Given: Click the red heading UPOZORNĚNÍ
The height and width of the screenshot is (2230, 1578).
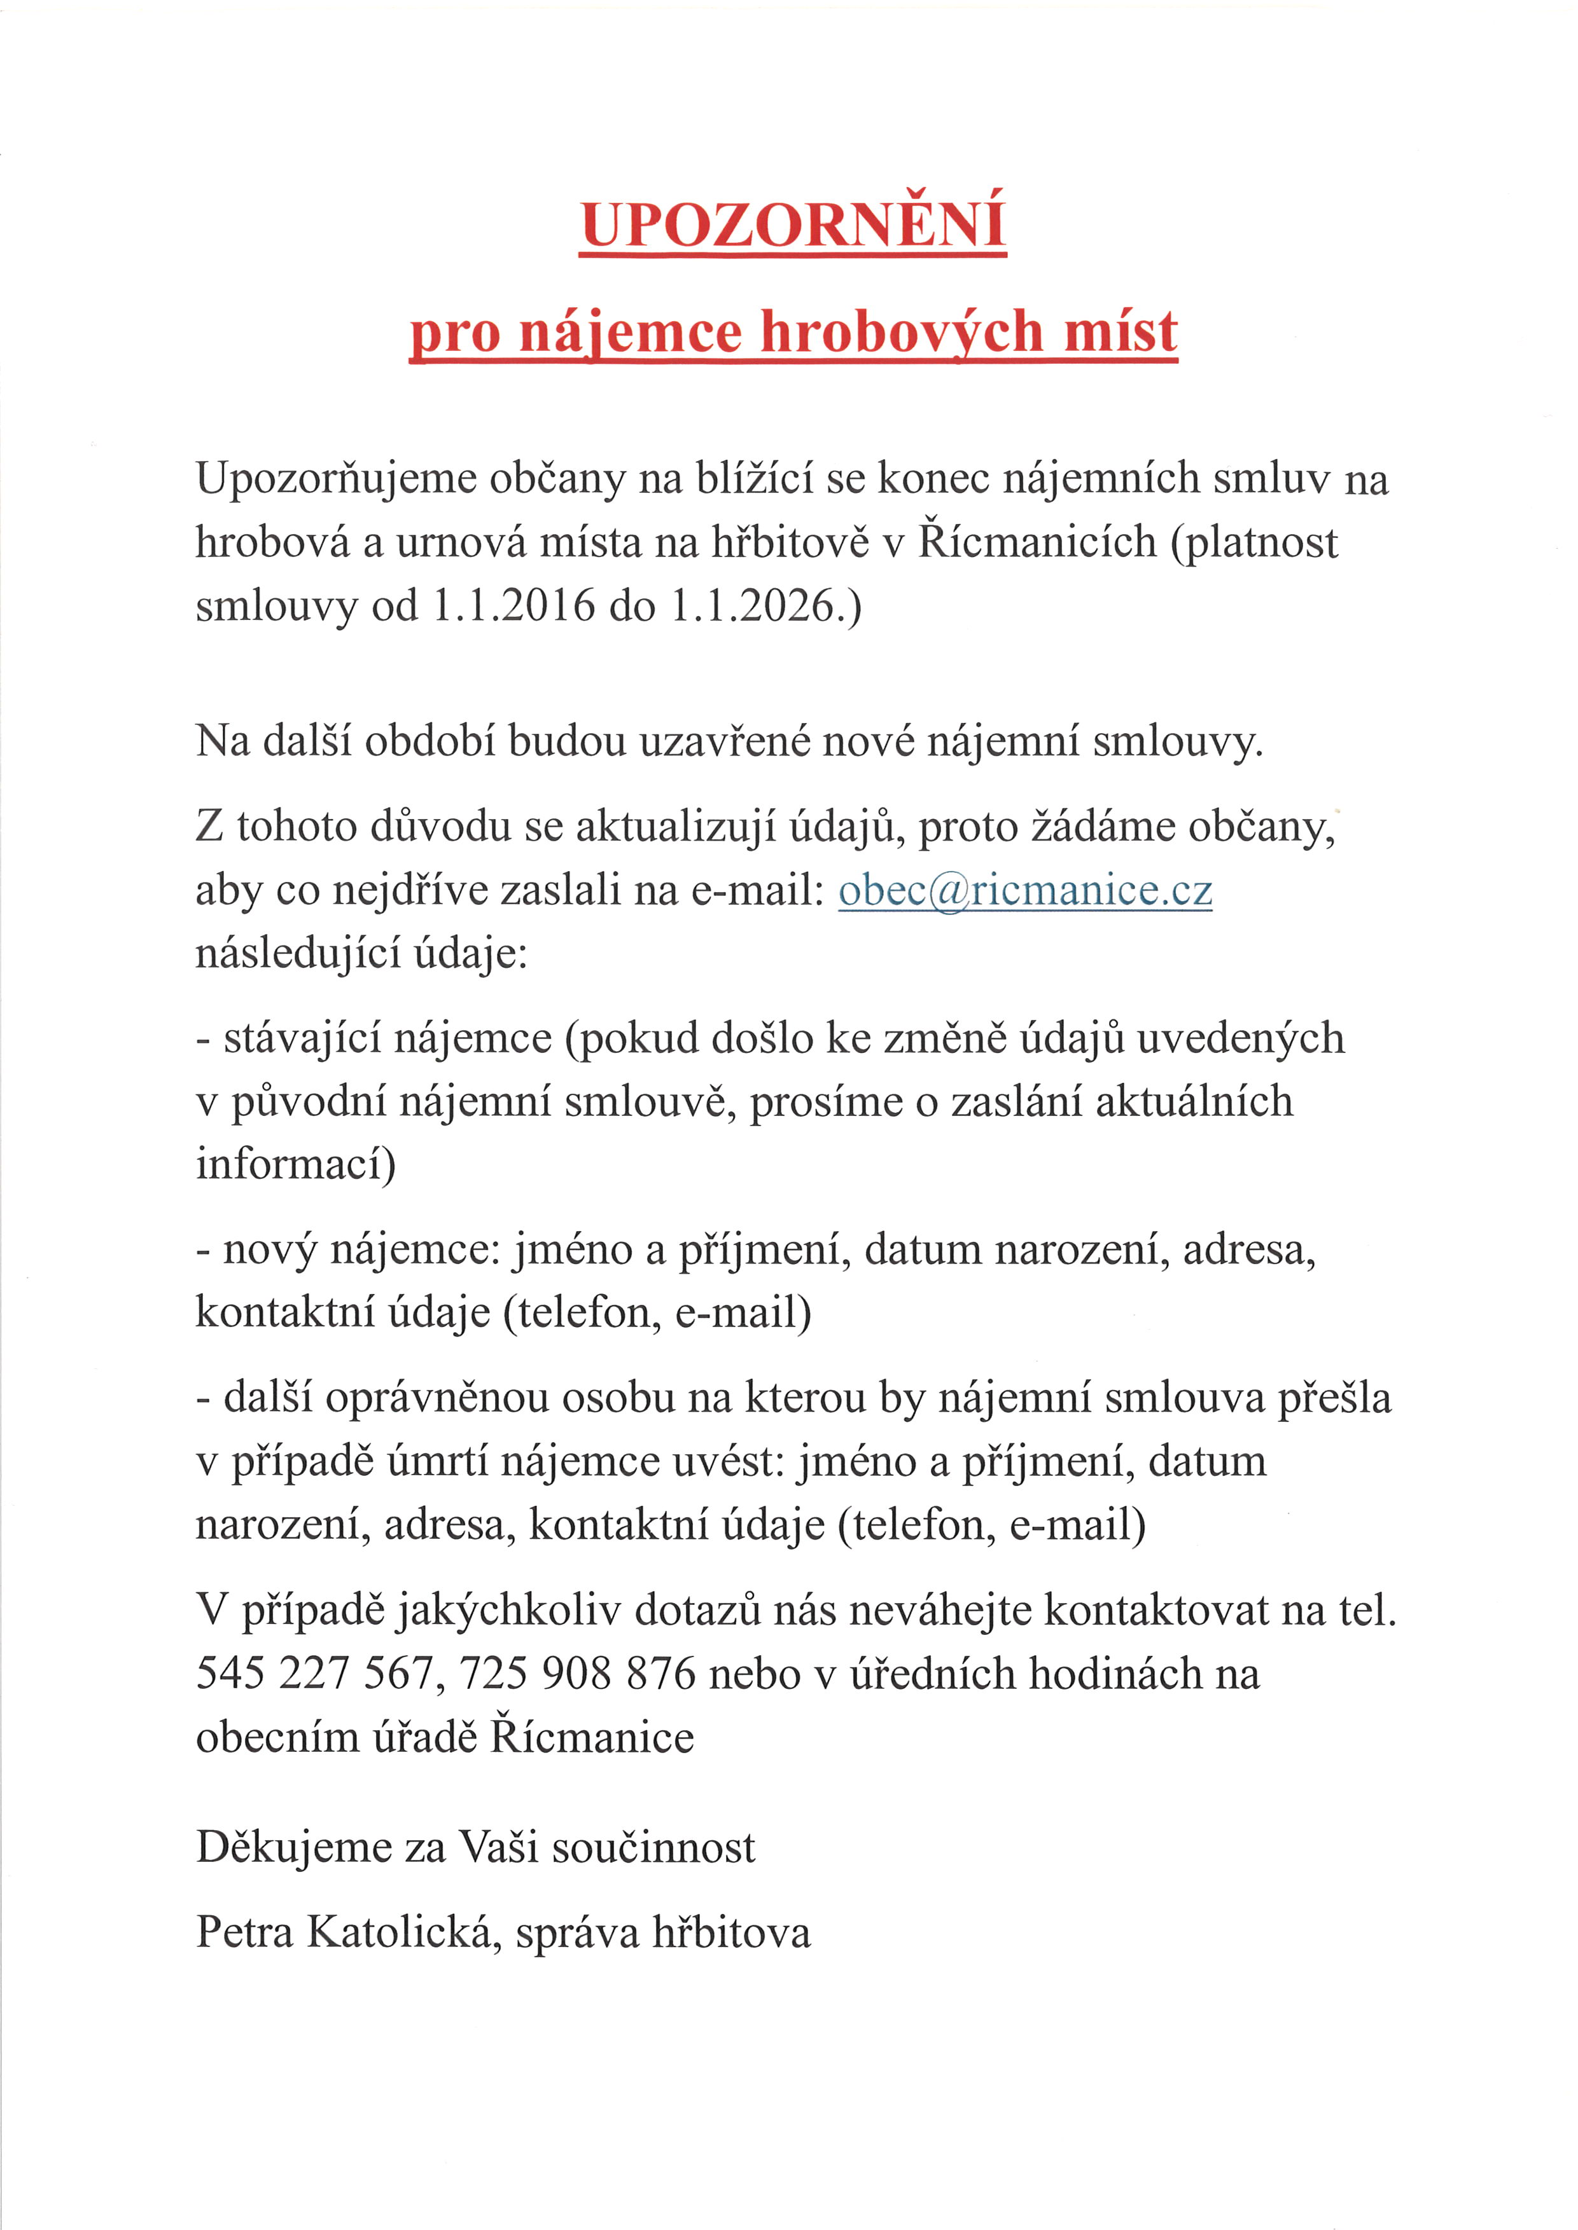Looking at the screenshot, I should click(793, 225).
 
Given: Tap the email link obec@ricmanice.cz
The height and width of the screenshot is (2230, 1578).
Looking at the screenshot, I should click(1025, 891).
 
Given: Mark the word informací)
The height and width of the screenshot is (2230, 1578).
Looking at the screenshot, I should click(295, 1164).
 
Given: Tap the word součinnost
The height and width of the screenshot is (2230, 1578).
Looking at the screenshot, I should click(653, 1847).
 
